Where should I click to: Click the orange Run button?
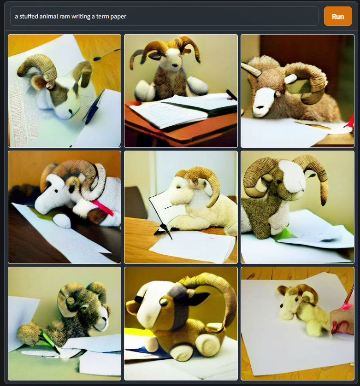pyautogui.click(x=337, y=16)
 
